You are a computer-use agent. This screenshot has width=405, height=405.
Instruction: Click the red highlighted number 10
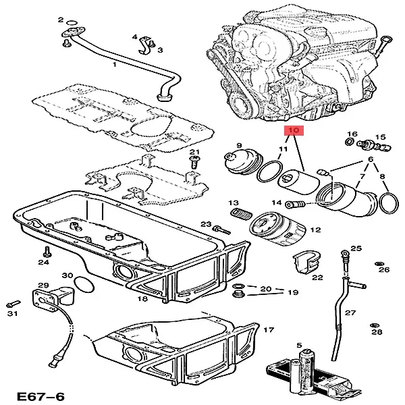(295, 130)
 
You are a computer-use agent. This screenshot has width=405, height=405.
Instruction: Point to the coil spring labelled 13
(237, 216)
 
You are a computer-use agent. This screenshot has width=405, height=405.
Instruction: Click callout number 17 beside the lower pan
(269, 331)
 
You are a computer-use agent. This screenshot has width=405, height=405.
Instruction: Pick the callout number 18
(142, 298)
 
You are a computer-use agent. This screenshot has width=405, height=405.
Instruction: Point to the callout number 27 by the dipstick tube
(350, 313)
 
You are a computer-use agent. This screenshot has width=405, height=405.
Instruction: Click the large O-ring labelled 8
(387, 200)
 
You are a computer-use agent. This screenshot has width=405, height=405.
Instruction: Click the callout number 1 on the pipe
(114, 65)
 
